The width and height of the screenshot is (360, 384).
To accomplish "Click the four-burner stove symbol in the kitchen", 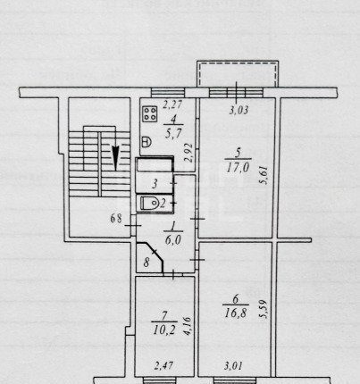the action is click(x=150, y=114).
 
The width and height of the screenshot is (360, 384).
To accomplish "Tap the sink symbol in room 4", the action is click(x=147, y=141).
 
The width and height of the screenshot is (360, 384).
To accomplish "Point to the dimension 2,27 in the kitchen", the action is click(x=172, y=104).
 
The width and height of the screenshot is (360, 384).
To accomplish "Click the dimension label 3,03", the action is click(x=239, y=111).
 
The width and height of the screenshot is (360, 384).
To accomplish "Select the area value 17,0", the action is click(x=238, y=168).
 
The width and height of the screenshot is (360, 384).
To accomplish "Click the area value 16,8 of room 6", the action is click(x=235, y=313).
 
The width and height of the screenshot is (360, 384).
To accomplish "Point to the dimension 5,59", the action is click(x=264, y=309).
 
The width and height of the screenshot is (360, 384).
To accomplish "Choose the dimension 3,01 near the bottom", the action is click(x=233, y=366).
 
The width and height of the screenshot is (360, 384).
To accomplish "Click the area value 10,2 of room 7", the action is click(x=164, y=330).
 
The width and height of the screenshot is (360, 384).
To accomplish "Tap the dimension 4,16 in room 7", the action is click(x=188, y=326).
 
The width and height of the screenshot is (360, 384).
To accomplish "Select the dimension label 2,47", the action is click(x=163, y=366).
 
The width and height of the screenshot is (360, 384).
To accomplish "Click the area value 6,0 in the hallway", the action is click(x=173, y=239).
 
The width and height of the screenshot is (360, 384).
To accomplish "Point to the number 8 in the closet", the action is click(x=147, y=263).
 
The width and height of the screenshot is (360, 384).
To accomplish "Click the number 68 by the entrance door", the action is click(x=116, y=219).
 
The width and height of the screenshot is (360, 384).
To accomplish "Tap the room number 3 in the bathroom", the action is click(x=155, y=184).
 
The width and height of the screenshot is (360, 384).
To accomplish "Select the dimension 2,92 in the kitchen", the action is click(x=188, y=153).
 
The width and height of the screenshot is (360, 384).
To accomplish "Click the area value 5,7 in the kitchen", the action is click(x=173, y=134).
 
